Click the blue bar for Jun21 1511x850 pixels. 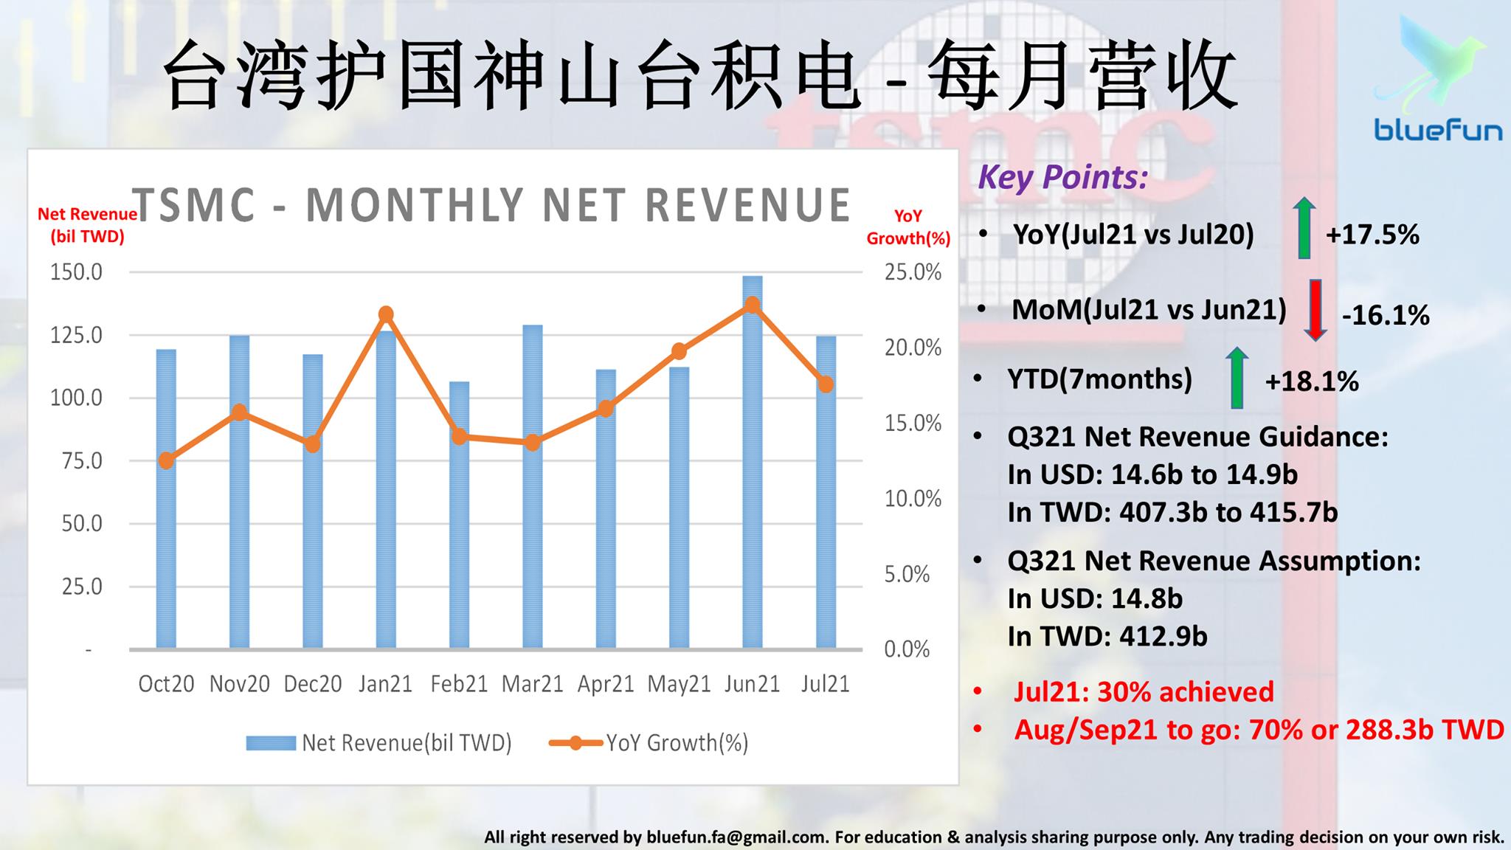click(x=752, y=463)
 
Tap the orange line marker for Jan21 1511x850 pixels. click(x=386, y=314)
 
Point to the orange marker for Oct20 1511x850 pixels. click(x=166, y=461)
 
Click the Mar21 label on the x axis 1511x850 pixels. click(x=532, y=684)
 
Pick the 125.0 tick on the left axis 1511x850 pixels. click(x=76, y=335)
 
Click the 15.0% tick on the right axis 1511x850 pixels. click(x=913, y=424)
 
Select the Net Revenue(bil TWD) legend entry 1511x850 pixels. click(x=378, y=742)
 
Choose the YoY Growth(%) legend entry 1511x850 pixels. click(x=649, y=742)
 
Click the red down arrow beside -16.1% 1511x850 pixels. click(x=1315, y=310)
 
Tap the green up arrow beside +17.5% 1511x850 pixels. click(x=1304, y=228)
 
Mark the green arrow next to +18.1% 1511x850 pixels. click(x=1237, y=378)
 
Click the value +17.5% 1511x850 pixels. click(x=1372, y=235)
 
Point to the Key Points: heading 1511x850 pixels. click(x=1063, y=178)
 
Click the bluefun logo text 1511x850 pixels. click(x=1438, y=131)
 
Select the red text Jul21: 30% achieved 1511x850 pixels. click(x=1144, y=691)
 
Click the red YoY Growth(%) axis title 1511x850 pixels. click(x=908, y=227)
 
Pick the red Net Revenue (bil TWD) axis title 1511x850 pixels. click(x=87, y=225)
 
